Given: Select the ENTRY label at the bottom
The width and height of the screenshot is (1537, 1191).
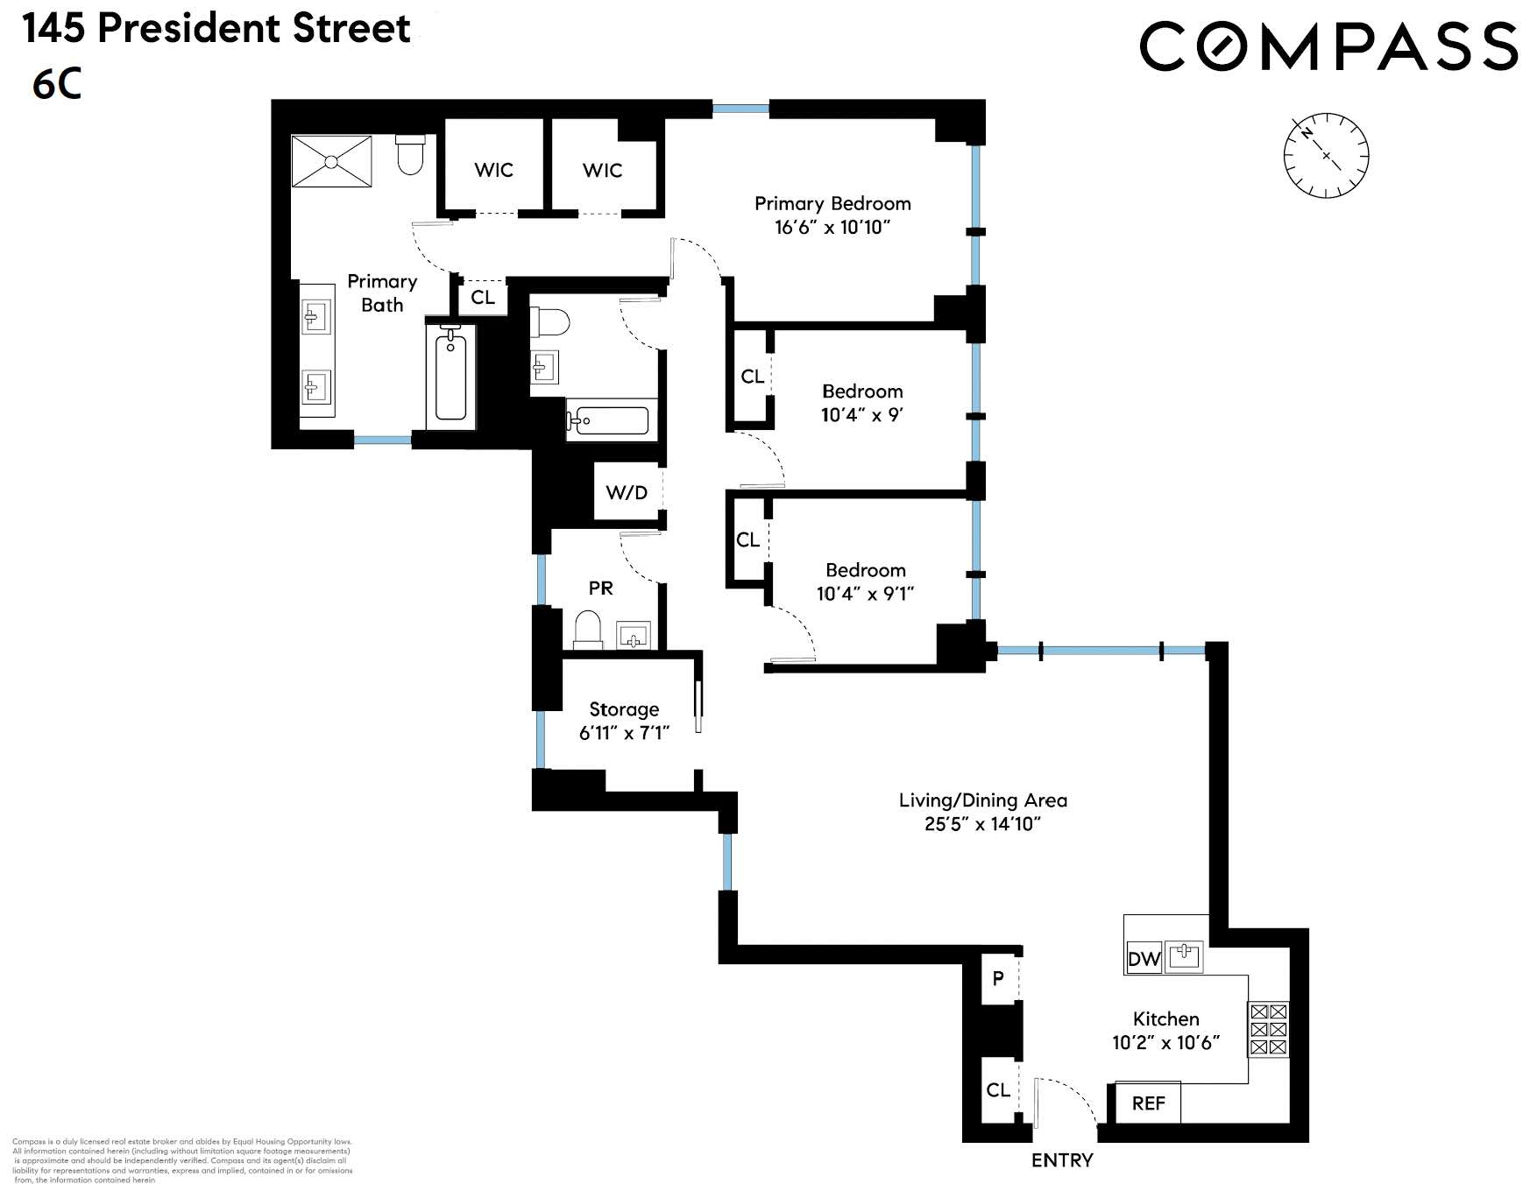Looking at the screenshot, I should [1062, 1160].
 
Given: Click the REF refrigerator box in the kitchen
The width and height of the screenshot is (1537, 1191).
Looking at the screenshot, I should [1148, 1103].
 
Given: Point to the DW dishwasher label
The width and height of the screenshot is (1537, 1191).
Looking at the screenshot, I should [1144, 959].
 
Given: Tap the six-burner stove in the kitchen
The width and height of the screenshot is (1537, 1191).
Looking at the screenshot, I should [1268, 1029].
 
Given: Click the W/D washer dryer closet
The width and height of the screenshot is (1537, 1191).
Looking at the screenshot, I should [627, 492].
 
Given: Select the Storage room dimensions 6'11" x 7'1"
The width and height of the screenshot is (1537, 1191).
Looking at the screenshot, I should [624, 733].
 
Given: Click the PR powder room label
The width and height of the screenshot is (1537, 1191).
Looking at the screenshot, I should [600, 588].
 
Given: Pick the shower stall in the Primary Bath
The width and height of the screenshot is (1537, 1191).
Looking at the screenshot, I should [331, 161].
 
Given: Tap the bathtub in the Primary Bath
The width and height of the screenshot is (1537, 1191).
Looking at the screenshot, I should [451, 377].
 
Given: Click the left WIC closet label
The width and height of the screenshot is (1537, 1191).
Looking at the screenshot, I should [493, 170].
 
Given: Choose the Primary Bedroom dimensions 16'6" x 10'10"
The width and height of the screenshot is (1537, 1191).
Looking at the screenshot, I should [832, 228].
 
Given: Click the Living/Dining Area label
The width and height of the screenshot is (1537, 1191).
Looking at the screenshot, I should [982, 800].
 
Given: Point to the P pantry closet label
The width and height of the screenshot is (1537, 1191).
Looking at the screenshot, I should [998, 977].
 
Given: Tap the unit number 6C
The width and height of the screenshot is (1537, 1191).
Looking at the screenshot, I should [57, 84].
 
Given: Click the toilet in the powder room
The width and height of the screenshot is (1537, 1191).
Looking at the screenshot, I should [587, 629].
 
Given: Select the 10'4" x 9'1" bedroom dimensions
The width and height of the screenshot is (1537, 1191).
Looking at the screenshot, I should [865, 594].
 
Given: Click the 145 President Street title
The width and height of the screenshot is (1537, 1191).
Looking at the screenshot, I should [216, 29].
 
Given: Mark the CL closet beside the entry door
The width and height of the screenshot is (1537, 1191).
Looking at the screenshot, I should [998, 1090].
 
